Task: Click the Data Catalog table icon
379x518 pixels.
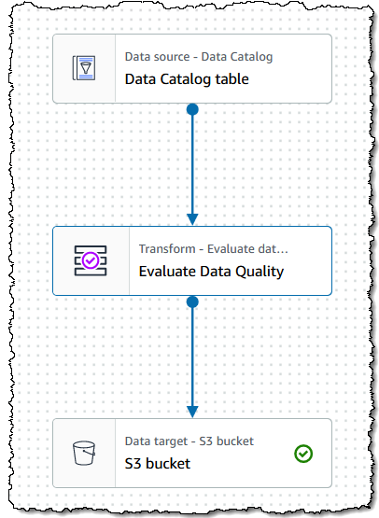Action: click(x=84, y=68)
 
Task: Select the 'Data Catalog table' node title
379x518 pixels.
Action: click(x=187, y=79)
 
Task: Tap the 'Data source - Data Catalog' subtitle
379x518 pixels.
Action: click(x=199, y=57)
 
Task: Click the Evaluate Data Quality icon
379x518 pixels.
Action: click(x=91, y=260)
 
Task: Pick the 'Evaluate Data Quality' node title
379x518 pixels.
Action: click(x=211, y=272)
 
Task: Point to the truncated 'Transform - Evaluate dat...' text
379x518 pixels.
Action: click(x=213, y=249)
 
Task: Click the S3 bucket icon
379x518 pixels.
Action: click(x=84, y=453)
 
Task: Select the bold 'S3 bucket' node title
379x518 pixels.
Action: click(x=157, y=464)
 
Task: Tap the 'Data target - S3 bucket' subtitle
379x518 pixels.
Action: click(x=189, y=441)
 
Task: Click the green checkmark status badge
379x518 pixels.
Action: click(x=303, y=454)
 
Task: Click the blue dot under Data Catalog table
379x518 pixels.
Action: click(x=192, y=109)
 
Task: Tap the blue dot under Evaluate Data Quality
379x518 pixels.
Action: click(x=192, y=301)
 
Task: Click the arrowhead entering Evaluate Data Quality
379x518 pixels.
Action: click(x=192, y=219)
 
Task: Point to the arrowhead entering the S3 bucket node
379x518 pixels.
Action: click(x=192, y=412)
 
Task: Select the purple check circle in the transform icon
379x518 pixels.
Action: click(x=91, y=260)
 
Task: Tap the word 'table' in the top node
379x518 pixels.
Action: click(x=232, y=79)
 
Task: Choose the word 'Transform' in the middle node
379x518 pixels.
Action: click(x=167, y=249)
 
